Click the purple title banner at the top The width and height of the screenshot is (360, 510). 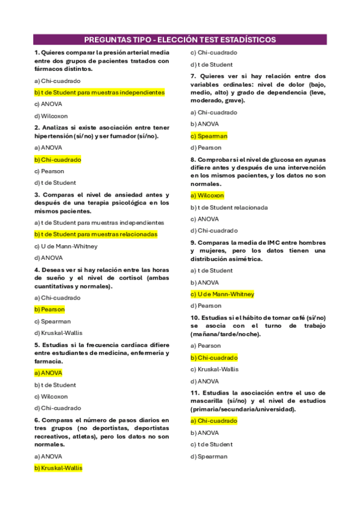pos(180,40)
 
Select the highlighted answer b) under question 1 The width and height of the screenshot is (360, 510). pos(99,93)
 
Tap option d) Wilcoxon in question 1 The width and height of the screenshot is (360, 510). pos(51,116)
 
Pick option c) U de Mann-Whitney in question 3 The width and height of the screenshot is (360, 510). pos(66,246)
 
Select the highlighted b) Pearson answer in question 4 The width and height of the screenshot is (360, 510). pos(49,309)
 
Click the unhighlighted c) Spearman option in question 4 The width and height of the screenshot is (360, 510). pos(52,321)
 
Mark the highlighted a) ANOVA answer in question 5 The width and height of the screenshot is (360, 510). pos(48,373)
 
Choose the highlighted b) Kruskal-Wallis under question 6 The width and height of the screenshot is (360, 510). pos(58,468)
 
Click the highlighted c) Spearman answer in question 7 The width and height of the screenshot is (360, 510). pos(209,136)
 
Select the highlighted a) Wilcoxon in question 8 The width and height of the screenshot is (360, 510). pos(207,195)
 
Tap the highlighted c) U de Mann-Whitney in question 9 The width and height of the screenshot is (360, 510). pos(222,294)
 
